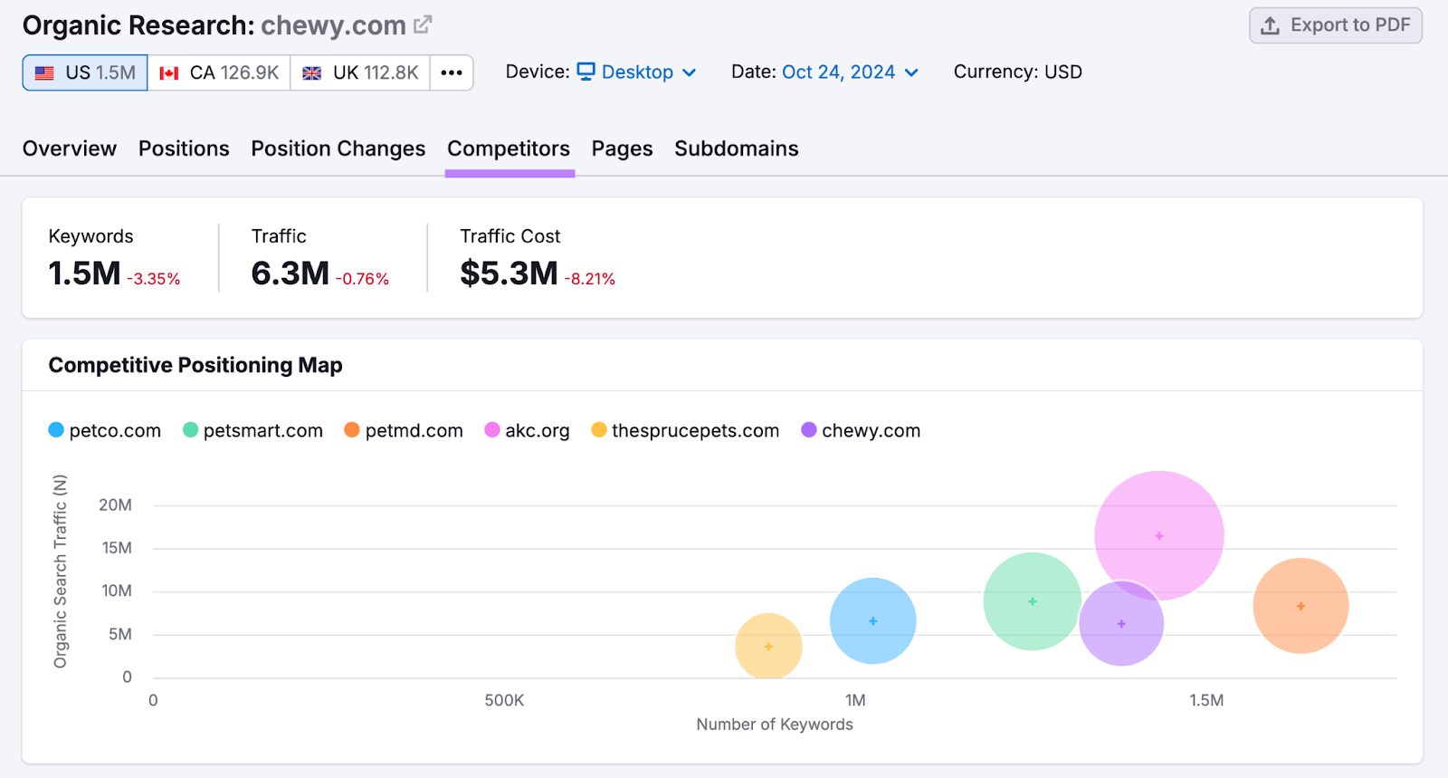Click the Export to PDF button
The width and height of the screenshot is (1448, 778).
(1336, 25)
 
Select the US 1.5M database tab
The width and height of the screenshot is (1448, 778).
(85, 72)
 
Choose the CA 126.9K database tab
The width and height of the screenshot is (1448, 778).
(219, 72)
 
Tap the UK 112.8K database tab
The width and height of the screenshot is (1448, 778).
(360, 72)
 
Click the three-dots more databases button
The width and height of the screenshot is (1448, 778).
(452, 72)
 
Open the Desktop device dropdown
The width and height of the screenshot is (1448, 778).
(637, 72)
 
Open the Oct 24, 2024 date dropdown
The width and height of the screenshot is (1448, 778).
(850, 72)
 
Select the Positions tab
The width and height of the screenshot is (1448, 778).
(184, 149)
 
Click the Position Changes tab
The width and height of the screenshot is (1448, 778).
(338, 149)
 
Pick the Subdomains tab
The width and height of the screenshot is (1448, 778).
(736, 149)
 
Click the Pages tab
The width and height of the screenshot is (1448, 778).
(622, 149)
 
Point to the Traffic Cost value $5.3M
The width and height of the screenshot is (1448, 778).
(509, 273)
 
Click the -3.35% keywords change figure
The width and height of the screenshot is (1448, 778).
(153, 279)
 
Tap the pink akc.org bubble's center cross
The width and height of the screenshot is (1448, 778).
(1159, 536)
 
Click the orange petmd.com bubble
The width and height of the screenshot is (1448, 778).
(1300, 606)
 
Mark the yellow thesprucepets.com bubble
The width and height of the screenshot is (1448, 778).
(768, 647)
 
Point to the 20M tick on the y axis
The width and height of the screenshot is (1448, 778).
(115, 505)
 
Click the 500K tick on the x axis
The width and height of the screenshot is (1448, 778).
(504, 700)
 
